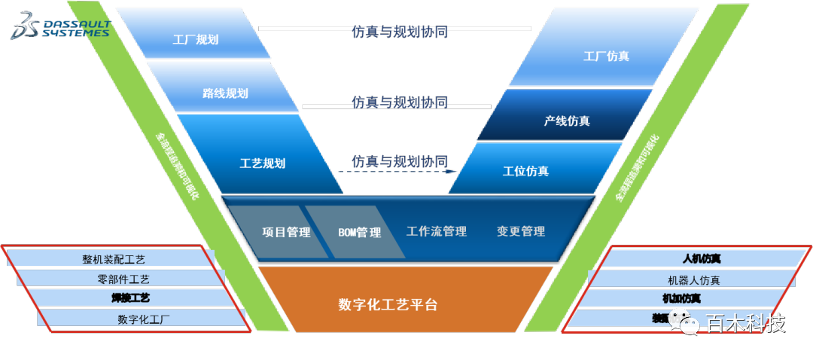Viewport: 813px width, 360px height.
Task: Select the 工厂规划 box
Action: click(195, 39)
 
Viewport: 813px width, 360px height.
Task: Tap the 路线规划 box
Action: click(225, 93)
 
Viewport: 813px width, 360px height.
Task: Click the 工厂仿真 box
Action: click(606, 56)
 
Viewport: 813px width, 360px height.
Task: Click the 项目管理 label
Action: click(286, 232)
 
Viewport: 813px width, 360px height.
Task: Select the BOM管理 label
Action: click(359, 232)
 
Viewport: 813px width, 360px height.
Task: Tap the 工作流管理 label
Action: click(437, 231)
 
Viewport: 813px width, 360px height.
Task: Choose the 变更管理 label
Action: click(521, 231)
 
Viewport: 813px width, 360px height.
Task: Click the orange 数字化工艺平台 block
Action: click(388, 305)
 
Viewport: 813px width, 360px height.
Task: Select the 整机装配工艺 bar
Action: click(114, 259)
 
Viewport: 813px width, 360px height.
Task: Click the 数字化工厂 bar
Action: click(143, 319)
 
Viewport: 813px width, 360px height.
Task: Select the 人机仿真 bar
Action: click(701, 259)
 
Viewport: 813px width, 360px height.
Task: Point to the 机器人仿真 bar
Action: click(693, 279)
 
